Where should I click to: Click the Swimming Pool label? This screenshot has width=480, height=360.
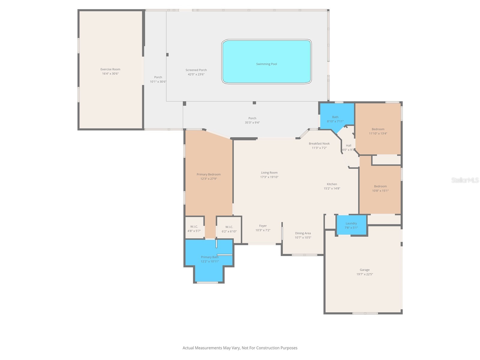266,64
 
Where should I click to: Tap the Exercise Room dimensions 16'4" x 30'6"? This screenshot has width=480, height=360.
110,73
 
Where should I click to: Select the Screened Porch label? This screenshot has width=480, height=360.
196,70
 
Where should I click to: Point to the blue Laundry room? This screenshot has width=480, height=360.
351,225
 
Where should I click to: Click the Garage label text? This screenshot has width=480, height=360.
364,270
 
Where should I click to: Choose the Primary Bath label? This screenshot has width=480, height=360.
210,257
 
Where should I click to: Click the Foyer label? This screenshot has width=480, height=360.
263,226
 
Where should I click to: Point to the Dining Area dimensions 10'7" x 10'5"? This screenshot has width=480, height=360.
303,237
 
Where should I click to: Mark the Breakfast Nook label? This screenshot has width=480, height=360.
319,143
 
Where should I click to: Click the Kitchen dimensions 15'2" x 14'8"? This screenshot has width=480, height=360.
332,188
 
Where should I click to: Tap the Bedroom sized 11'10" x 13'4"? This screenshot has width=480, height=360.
378,131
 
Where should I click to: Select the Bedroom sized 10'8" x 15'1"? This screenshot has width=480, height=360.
380,188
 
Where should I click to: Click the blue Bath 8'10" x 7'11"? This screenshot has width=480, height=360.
335,119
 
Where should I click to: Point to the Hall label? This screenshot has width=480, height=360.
348,145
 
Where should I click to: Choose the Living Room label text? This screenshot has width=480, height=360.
269,172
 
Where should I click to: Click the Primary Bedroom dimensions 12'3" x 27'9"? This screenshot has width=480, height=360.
208,178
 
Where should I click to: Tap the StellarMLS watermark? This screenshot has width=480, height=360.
465,180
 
